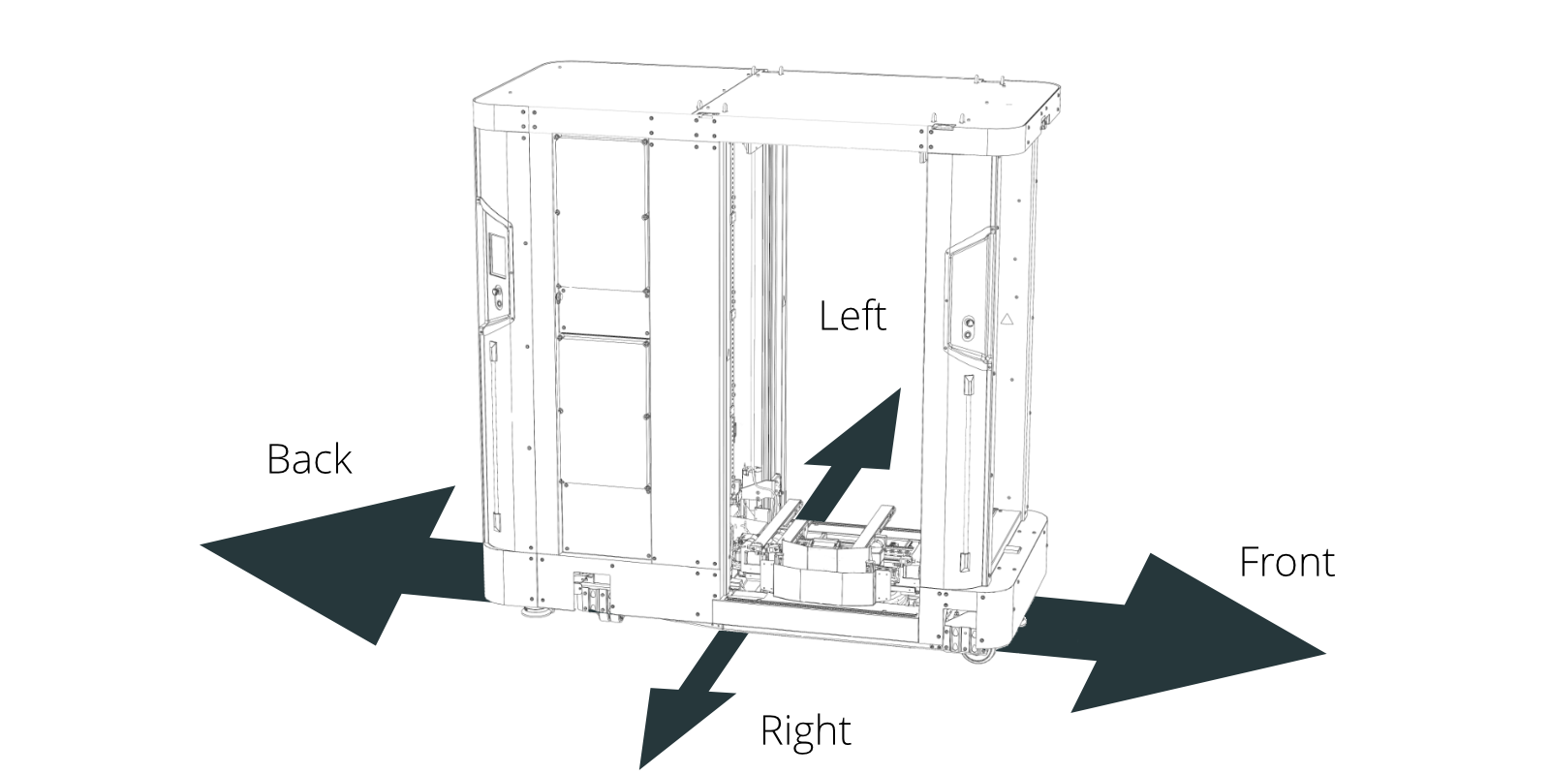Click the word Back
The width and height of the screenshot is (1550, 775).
click(x=309, y=459)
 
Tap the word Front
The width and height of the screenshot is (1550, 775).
click(x=1286, y=562)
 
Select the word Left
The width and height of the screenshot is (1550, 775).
click(x=852, y=316)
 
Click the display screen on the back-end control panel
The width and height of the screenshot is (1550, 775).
click(x=498, y=256)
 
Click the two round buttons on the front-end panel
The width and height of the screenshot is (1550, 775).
click(x=969, y=328)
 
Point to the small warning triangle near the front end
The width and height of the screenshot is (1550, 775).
click(x=1007, y=319)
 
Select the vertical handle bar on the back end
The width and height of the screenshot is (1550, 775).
click(x=495, y=435)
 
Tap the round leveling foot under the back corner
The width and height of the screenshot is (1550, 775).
click(x=537, y=612)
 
